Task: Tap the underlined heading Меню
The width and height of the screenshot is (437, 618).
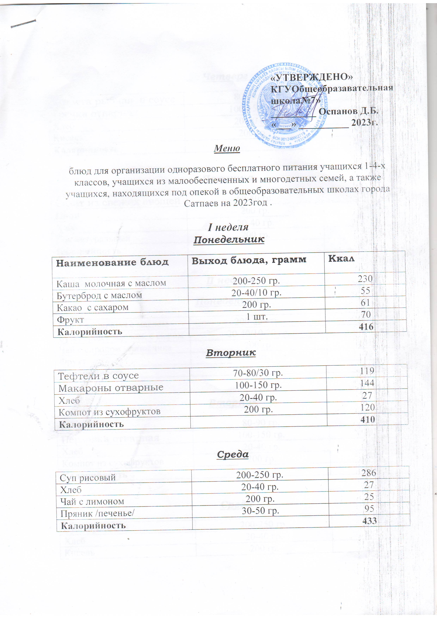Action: pyautogui.click(x=227, y=148)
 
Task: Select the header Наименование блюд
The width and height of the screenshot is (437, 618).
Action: pyautogui.click(x=112, y=262)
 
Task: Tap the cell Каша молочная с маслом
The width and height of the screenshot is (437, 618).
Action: pyautogui.click(x=111, y=283)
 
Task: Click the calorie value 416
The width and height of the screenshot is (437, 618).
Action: pyautogui.click(x=366, y=327)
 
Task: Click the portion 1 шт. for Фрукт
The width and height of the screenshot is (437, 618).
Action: pyautogui.click(x=257, y=317)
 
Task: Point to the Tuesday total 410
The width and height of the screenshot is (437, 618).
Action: pyautogui.click(x=367, y=419)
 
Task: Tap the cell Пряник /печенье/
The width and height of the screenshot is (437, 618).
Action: pyautogui.click(x=97, y=514)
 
